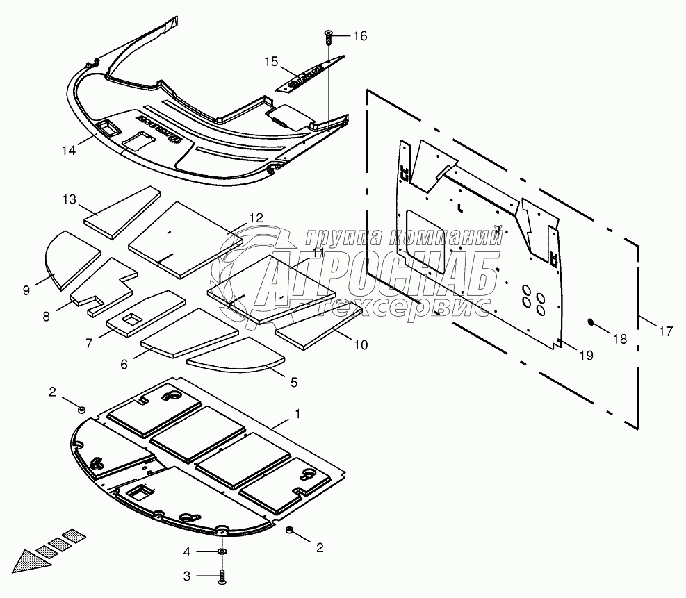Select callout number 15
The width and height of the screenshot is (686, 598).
coord(271,61)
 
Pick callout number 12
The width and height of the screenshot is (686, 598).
coord(256,217)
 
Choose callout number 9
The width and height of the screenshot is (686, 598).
coord(26,290)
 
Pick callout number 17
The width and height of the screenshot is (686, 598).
coord(665,332)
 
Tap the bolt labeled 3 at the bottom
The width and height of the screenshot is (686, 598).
coord(221,575)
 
